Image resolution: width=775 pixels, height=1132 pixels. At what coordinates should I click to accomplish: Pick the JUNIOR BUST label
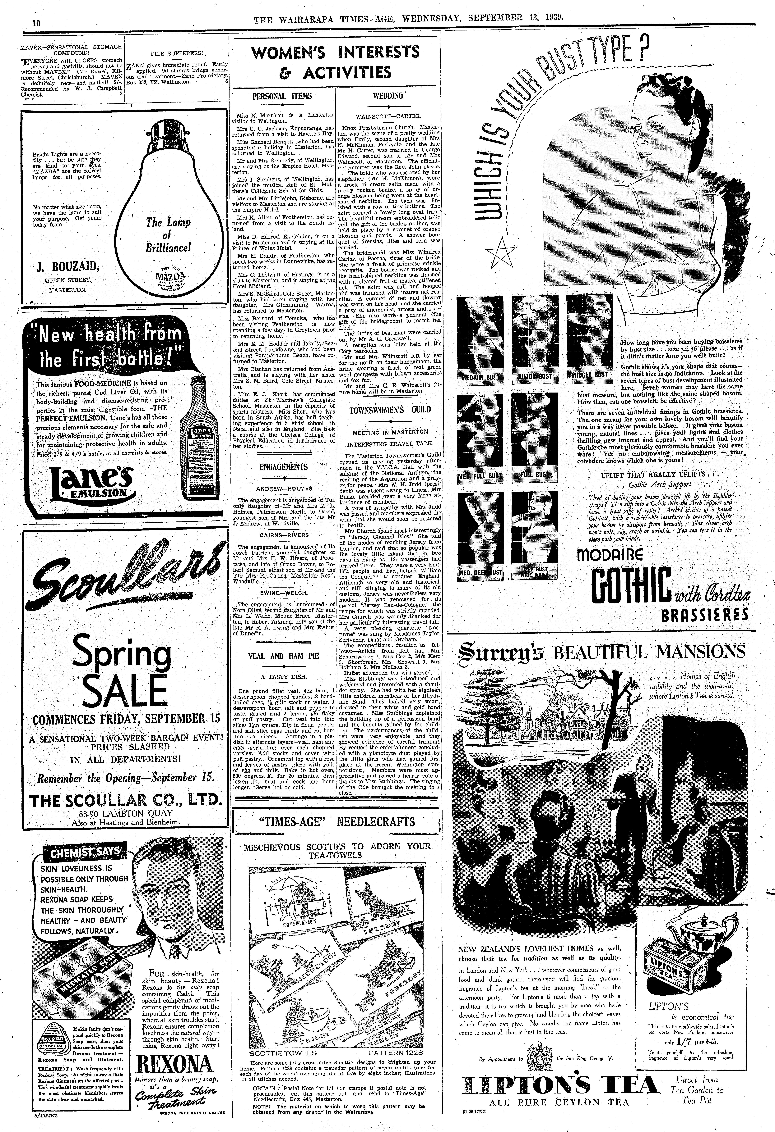pyautogui.click(x=534, y=376)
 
